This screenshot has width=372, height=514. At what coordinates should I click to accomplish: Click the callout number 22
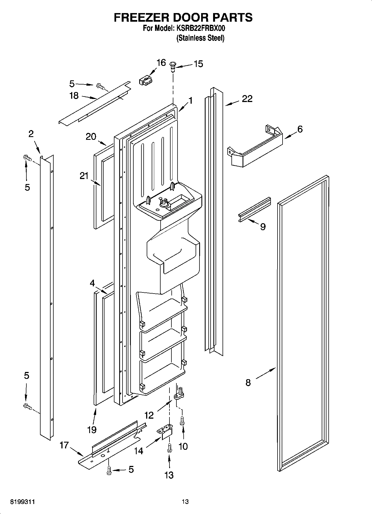(x=247, y=99)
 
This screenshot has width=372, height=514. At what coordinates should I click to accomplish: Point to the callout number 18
(x=74, y=96)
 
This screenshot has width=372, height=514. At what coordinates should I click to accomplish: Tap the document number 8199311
(x=22, y=502)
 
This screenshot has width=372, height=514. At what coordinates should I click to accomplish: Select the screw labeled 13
(x=169, y=448)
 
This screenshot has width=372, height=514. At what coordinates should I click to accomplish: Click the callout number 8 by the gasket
(x=248, y=383)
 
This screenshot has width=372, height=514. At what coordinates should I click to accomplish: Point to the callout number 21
(x=84, y=176)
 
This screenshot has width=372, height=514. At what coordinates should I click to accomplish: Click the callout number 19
(x=92, y=430)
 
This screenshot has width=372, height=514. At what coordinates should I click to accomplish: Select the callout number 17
(x=64, y=445)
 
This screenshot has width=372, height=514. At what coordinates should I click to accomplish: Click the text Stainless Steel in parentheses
(x=200, y=38)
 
